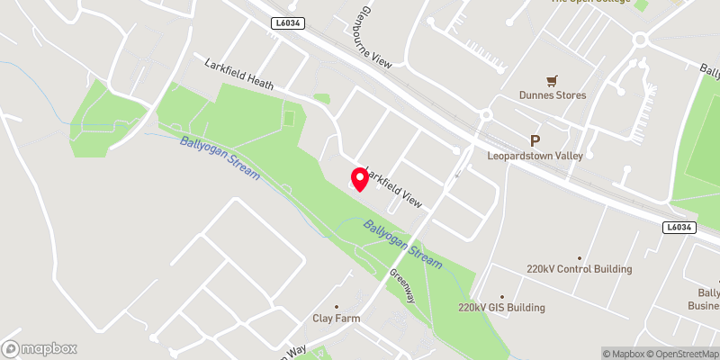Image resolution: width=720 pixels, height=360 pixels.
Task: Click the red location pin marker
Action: click(360, 179)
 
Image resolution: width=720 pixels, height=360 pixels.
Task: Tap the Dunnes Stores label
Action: click(553, 95)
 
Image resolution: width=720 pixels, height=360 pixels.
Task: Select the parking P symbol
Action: click(535, 140)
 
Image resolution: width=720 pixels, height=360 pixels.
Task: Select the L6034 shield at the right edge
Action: click(679, 228)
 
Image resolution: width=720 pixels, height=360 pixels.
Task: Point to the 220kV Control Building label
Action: click(580, 269)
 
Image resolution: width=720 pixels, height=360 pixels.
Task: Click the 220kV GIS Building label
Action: click(501, 308)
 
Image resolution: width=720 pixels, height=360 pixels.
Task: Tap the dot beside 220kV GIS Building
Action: click(502, 295)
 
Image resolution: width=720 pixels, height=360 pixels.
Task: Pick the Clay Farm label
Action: click(335, 319)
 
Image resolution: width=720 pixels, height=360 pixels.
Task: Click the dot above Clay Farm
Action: click(336, 306)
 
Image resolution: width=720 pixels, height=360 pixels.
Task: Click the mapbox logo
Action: click(40, 348)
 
